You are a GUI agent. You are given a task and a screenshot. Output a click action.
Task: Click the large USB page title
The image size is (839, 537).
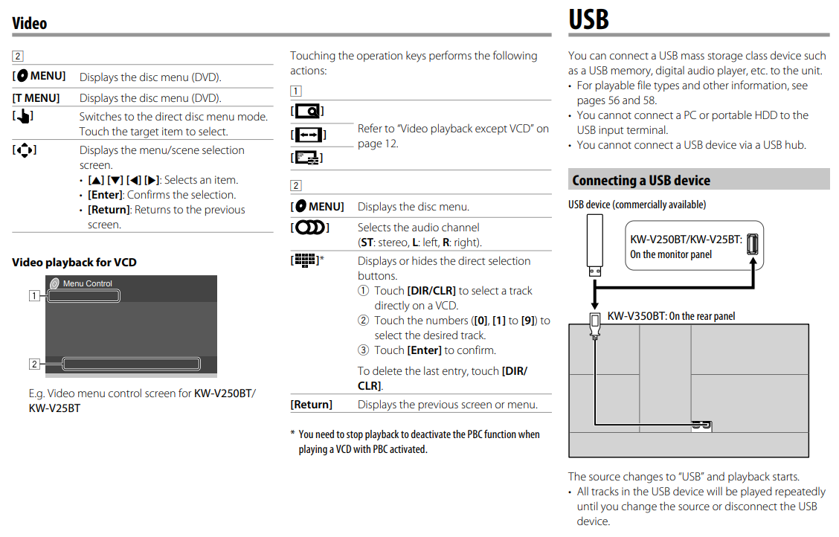[588, 19]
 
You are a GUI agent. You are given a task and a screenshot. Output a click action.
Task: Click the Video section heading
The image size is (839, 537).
[30, 24]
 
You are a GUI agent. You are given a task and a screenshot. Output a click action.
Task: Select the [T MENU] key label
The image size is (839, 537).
[36, 98]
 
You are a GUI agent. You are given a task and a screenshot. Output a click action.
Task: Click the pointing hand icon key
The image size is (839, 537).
[23, 117]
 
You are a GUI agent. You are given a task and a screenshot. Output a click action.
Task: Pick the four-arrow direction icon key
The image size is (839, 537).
[25, 150]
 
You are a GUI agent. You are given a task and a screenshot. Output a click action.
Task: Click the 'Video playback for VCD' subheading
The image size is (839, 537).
[74, 262]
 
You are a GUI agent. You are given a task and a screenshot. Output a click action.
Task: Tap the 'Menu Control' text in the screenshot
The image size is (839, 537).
[87, 283]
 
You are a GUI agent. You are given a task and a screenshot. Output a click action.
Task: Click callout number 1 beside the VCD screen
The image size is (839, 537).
[33, 295]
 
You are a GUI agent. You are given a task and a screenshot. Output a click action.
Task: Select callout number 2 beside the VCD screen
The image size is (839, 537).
[33, 364]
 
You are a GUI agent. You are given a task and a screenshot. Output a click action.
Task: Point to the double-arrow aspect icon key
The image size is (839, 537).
[308, 135]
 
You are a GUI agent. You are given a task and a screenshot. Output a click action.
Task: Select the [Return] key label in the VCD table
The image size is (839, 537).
[311, 405]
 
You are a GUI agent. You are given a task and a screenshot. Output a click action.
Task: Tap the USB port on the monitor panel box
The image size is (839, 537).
[753, 244]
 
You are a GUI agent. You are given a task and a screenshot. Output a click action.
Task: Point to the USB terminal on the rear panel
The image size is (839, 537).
[701, 425]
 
